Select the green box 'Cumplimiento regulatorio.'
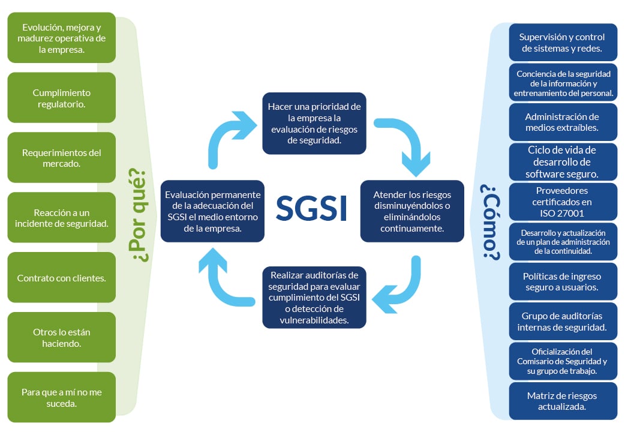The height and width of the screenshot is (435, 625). coord(62,98)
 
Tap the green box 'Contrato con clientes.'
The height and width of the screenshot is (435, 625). coord(62,278)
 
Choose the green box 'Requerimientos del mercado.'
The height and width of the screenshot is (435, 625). coord(62,158)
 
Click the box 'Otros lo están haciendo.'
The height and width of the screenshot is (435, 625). coord(62,337)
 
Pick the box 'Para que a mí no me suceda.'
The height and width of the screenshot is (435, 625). coord(62,397)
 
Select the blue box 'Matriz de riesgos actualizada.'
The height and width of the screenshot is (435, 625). coord(562,401)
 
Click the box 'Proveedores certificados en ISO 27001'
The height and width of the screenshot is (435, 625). coord(562,202)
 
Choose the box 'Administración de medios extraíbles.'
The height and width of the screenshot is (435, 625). coord(562,122)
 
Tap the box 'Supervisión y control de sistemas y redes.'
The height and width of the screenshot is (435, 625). coord(562,42)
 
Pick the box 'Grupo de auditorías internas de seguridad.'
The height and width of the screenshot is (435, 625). coord(562,321)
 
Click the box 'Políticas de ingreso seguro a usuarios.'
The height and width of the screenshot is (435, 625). coord(562,281)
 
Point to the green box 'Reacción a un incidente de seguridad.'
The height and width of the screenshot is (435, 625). coord(62,217)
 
